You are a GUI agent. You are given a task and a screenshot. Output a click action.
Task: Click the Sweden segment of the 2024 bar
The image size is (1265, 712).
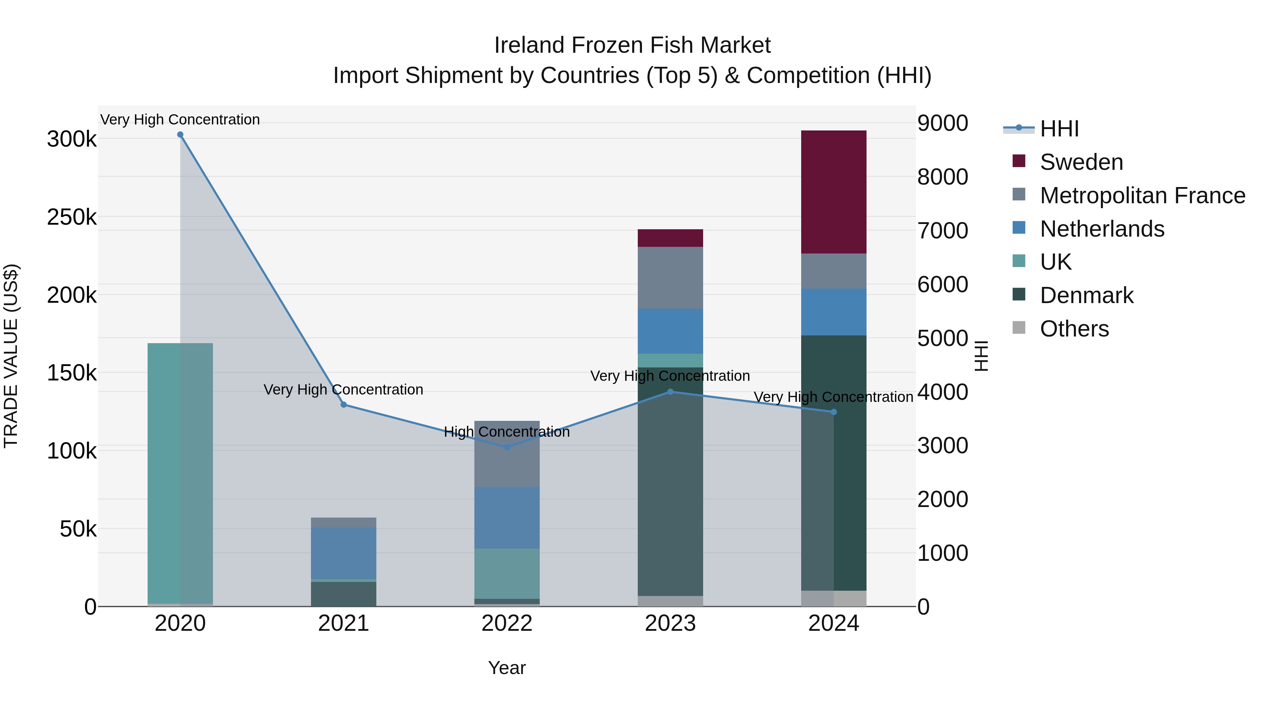[x=833, y=192]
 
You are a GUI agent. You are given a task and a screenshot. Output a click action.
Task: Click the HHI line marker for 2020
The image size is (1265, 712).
[x=180, y=135]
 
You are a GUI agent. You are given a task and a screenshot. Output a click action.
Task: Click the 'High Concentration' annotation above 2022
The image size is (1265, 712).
[x=507, y=432]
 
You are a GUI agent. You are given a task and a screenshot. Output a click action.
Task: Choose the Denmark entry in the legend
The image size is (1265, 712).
[x=1086, y=295]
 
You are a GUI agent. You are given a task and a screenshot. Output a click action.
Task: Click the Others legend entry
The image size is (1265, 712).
[x=1074, y=329]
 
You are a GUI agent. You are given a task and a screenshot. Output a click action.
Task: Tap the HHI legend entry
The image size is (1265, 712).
[x=1059, y=129]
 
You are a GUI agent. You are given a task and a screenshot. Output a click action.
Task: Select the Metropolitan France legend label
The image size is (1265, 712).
[x=1142, y=195]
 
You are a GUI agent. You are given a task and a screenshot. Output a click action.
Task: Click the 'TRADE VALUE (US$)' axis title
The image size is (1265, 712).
[x=11, y=356]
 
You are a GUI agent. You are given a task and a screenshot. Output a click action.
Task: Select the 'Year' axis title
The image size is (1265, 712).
[x=507, y=668]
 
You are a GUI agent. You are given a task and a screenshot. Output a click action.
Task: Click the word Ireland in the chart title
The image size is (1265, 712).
[x=529, y=45]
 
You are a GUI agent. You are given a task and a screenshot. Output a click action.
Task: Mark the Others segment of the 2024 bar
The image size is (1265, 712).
[x=833, y=598]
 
